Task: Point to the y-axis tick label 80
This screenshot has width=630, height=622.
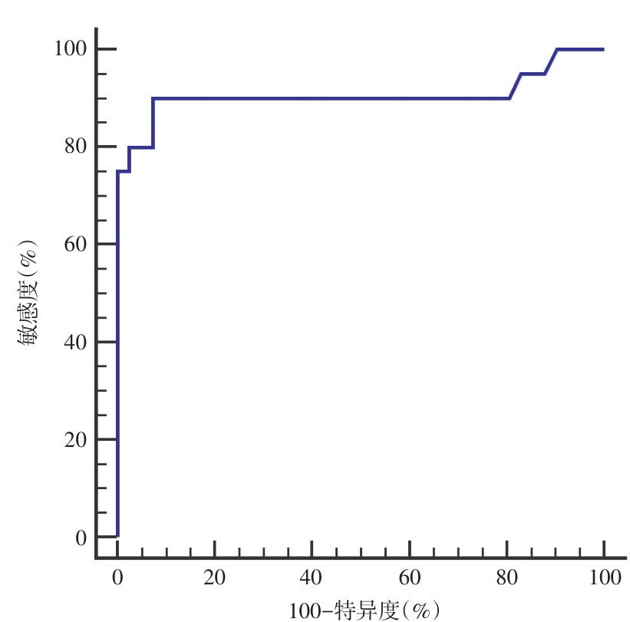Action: tap(74, 147)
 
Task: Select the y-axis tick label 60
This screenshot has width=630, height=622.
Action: tap(74, 244)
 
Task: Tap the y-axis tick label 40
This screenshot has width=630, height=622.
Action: tap(74, 342)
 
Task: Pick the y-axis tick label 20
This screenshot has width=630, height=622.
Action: tap(74, 439)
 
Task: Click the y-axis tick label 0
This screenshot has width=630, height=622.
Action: tap(80, 537)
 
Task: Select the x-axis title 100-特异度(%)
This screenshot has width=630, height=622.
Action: tap(364, 610)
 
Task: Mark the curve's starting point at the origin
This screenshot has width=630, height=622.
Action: tap(117, 536)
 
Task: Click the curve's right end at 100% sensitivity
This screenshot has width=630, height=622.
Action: tap(603, 49)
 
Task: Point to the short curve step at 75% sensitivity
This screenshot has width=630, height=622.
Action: tap(124, 171)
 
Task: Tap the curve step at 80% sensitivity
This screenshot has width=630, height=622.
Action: tap(141, 147)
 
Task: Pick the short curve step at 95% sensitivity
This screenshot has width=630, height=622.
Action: tap(533, 74)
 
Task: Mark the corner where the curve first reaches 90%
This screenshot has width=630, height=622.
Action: tap(153, 98)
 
